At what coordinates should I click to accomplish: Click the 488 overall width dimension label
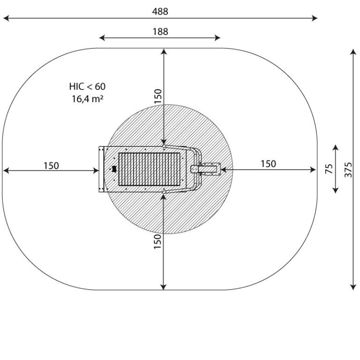pyautogui.click(x=160, y=11)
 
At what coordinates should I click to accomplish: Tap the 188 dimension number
pyautogui.click(x=160, y=31)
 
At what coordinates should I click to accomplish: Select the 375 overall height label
pyautogui.click(x=348, y=170)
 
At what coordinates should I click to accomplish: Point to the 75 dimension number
pyautogui.click(x=329, y=169)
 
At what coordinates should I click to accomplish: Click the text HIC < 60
pyautogui.click(x=87, y=87)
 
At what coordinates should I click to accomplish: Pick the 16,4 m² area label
pyautogui.click(x=87, y=99)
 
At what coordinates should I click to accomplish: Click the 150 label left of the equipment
pyautogui.click(x=51, y=165)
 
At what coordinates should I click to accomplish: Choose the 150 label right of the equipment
pyautogui.click(x=268, y=164)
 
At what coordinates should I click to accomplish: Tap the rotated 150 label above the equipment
pyautogui.click(x=157, y=96)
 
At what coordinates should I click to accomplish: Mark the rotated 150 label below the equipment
pyautogui.click(x=157, y=241)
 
